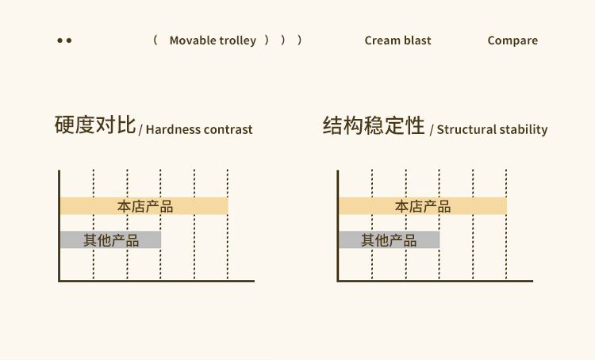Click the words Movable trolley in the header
pos(213,40)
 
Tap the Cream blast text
pos(397,40)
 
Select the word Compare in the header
pos(512,40)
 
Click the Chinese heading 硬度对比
pos(95,126)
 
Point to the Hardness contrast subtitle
pos(199,129)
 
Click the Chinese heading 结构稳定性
pos(374,126)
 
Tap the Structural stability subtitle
pos(492,129)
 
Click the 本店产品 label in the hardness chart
pos(145,206)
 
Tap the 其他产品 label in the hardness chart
pos(111,239)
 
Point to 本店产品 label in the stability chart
pos(423,206)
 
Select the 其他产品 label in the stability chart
pos(389,239)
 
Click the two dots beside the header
pos(64,40)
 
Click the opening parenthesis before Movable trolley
pos(155,40)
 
